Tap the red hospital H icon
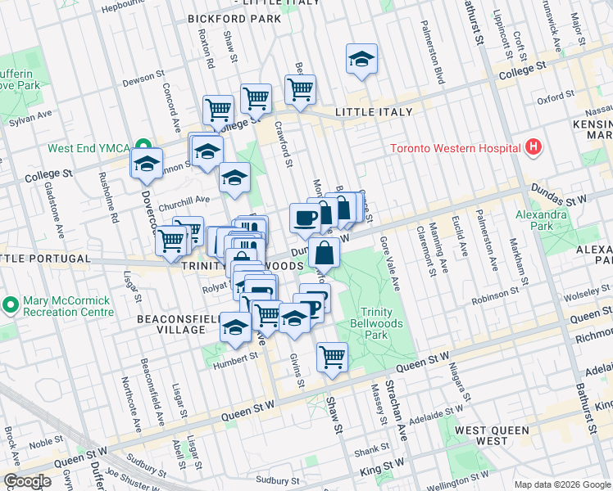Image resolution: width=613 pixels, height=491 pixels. tap(534, 147)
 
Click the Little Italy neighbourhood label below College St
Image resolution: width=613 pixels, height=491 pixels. tap(371, 111)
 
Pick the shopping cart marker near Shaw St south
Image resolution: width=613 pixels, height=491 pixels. tap(332, 357)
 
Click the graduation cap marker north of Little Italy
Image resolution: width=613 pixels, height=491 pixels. tap(361, 59)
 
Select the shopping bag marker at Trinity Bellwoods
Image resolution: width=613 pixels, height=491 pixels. tap(325, 254)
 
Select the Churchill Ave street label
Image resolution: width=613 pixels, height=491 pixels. tap(184, 198)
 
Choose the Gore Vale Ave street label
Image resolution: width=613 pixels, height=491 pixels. tap(389, 264)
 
